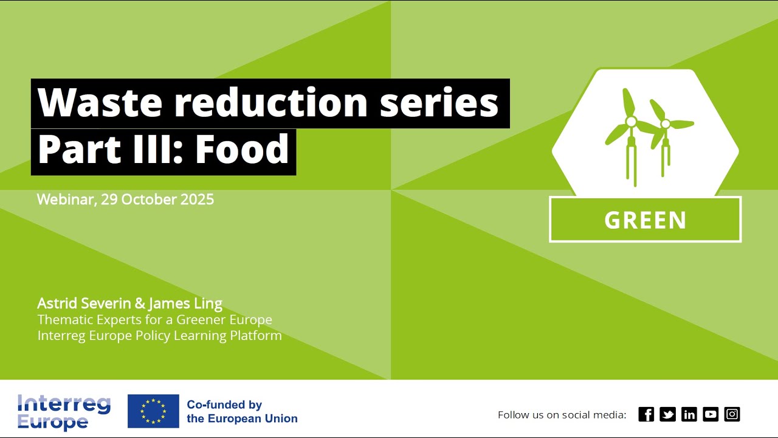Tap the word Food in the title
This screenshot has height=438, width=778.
click(x=242, y=150)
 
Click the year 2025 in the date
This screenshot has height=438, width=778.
click(x=197, y=200)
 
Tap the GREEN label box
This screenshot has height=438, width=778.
click(x=645, y=220)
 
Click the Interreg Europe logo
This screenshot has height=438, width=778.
click(x=64, y=412)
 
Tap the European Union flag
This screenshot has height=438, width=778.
click(x=153, y=411)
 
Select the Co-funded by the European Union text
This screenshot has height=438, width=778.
click(x=242, y=412)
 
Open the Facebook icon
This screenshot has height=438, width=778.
click(x=646, y=414)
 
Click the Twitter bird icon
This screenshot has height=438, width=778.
click(x=667, y=414)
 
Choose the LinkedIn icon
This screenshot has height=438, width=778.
click(x=689, y=414)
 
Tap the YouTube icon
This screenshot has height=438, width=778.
click(x=711, y=414)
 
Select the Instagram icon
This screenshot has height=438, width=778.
click(x=732, y=414)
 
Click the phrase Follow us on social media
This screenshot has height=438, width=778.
click(x=562, y=415)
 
